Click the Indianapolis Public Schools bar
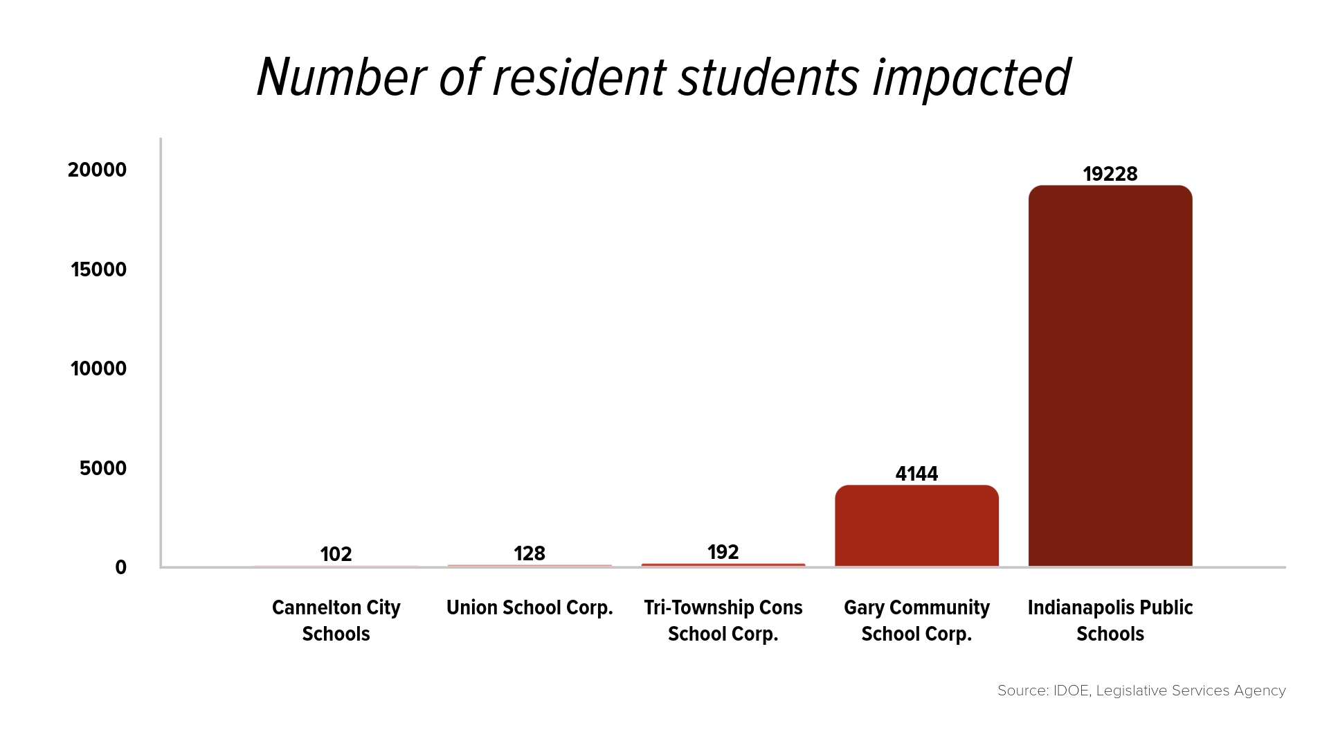click(1110, 376)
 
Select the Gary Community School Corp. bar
click(916, 526)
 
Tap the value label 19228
click(1110, 174)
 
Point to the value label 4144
click(916, 474)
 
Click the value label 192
click(723, 552)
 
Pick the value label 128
click(530, 553)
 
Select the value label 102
click(336, 554)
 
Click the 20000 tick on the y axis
click(98, 170)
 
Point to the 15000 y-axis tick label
click(99, 269)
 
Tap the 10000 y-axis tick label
click(99, 368)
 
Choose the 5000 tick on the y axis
click(103, 468)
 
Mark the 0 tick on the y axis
click(121, 567)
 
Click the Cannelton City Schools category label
click(336, 621)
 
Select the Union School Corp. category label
click(530, 608)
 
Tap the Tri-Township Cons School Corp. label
click(723, 621)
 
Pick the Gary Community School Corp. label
click(916, 621)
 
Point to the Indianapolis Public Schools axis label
click(1110, 621)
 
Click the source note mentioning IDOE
click(1141, 691)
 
